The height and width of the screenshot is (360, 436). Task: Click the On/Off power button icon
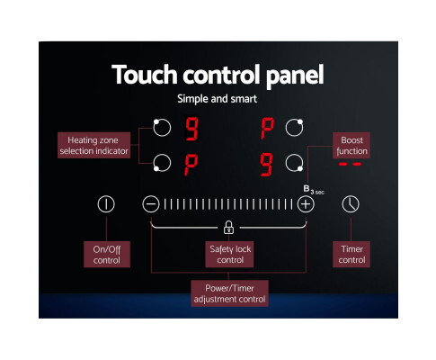106,204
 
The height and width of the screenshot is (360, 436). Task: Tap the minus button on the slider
151,204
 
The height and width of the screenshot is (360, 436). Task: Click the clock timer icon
351,204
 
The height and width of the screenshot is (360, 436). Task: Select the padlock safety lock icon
228,228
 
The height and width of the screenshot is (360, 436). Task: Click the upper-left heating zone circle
162,128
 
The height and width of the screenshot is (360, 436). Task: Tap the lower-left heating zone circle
162,163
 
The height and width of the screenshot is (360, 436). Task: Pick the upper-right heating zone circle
294,128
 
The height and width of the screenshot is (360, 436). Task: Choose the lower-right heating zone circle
294,163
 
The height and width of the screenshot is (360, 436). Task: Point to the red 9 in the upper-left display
191,129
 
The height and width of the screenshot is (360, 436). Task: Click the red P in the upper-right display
267,129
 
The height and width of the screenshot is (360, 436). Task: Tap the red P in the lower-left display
191,165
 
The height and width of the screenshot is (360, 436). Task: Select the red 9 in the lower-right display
266,165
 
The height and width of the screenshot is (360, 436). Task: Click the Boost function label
351,145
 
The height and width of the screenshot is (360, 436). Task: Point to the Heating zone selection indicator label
93,145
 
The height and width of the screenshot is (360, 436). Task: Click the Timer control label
351,255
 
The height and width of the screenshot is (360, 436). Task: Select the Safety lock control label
229,255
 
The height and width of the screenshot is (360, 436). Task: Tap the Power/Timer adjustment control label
229,293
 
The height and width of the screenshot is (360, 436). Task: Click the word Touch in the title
145,75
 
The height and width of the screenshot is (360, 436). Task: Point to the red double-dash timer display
350,164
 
